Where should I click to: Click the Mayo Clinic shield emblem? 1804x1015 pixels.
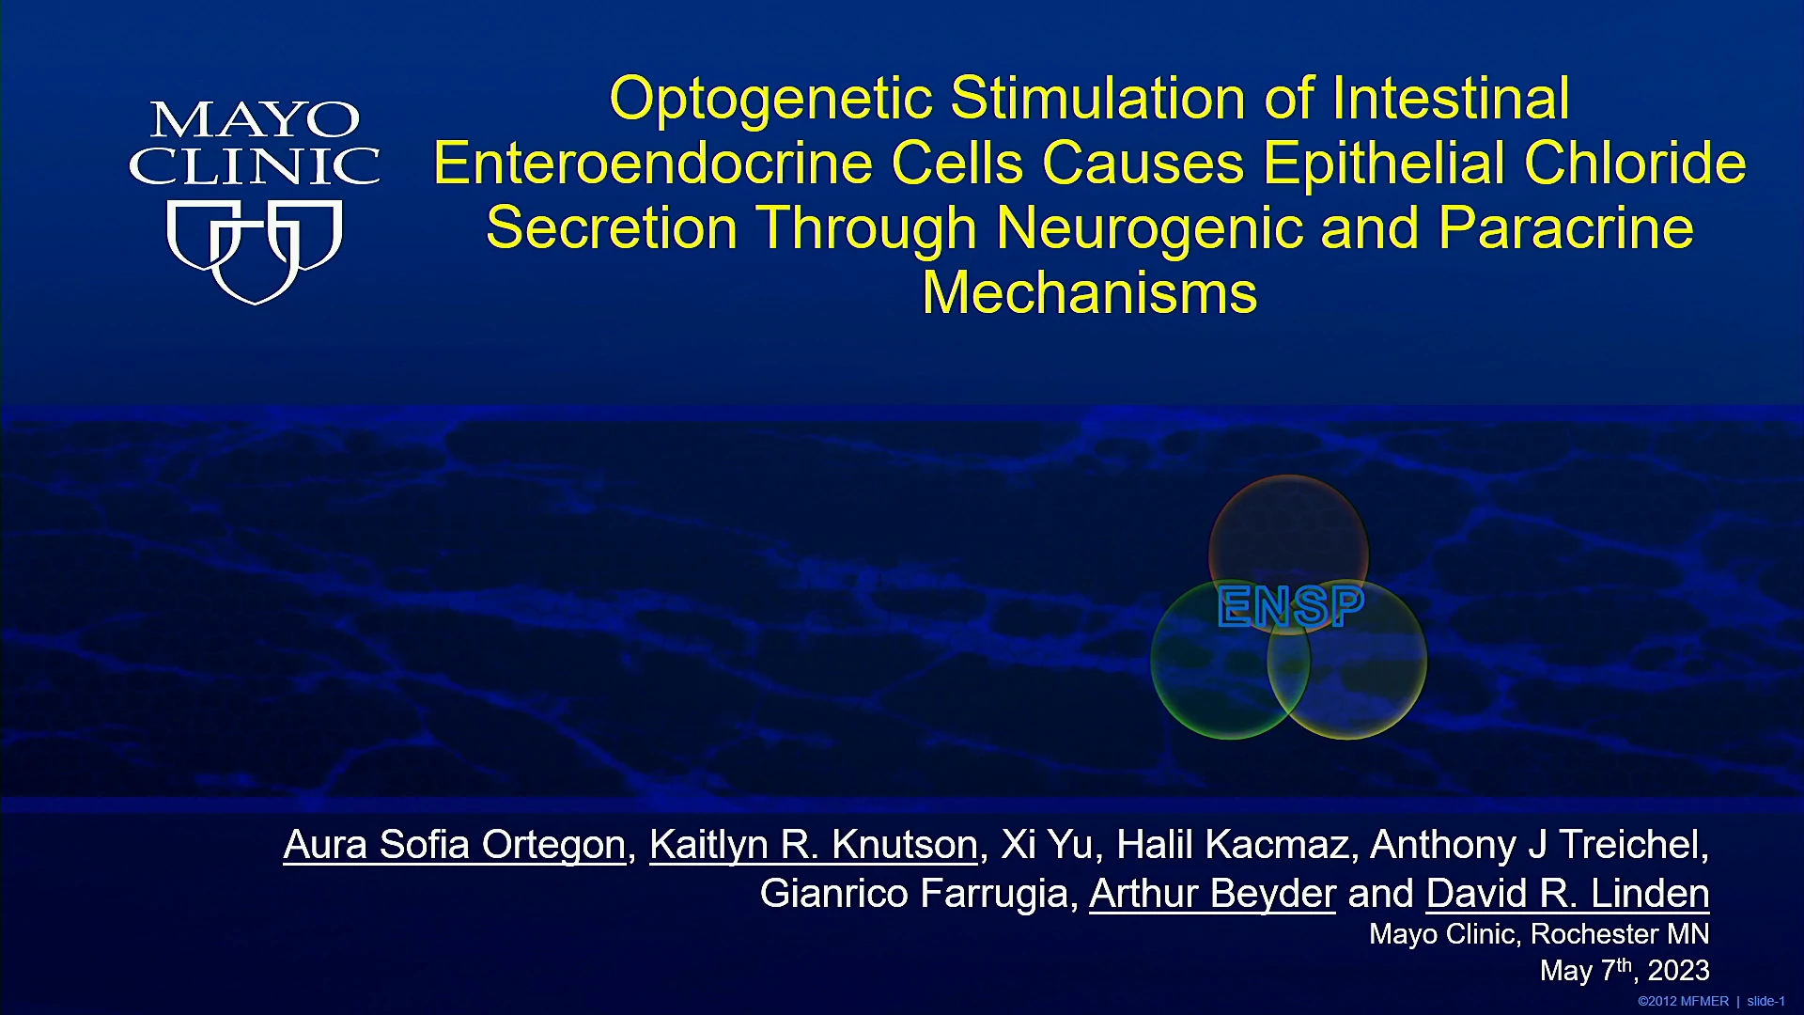(254, 252)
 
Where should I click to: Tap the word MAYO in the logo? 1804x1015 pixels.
(255, 120)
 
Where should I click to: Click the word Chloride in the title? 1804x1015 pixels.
(1635, 163)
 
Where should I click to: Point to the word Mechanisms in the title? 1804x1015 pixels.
(1090, 292)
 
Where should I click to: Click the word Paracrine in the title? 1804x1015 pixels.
(1565, 227)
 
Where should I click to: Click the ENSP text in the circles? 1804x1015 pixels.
(1290, 606)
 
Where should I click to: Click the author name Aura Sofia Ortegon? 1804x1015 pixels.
(455, 845)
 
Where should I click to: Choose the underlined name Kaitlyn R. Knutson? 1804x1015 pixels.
(814, 845)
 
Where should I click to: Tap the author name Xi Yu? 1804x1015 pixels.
(1047, 845)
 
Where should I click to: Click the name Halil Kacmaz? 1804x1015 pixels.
(1233, 845)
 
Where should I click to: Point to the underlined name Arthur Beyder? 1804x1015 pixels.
(1212, 894)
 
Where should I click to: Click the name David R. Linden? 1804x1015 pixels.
(1567, 894)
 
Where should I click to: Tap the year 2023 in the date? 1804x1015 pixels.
(1678, 971)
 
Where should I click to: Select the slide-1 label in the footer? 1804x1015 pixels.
(1766, 1002)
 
